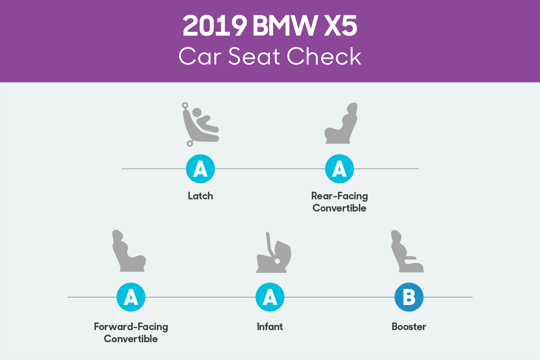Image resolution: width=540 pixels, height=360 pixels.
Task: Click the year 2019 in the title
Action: tap(215, 26)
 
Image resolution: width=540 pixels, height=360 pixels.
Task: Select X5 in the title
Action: tap(340, 26)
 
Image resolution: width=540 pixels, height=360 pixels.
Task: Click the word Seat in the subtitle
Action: tap(254, 56)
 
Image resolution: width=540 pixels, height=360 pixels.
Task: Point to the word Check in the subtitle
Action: tap(324, 56)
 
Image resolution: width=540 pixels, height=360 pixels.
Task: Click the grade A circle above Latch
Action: tap(200, 169)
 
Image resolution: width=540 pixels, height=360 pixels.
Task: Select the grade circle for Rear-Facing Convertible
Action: tap(340, 169)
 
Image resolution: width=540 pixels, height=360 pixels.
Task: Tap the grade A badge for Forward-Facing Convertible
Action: tap(131, 297)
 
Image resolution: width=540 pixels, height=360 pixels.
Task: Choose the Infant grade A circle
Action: tap(270, 297)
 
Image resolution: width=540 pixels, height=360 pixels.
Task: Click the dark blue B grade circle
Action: tap(409, 297)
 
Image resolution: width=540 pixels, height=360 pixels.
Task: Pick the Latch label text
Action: tap(200, 196)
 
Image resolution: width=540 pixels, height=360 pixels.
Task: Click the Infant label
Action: tap(270, 327)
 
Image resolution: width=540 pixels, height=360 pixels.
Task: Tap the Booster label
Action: tap(409, 327)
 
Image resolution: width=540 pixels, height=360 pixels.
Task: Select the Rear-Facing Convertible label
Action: tap(340, 202)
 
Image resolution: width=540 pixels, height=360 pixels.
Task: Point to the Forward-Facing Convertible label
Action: tap(131, 333)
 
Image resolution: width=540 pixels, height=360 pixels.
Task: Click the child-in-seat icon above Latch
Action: tap(200, 124)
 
